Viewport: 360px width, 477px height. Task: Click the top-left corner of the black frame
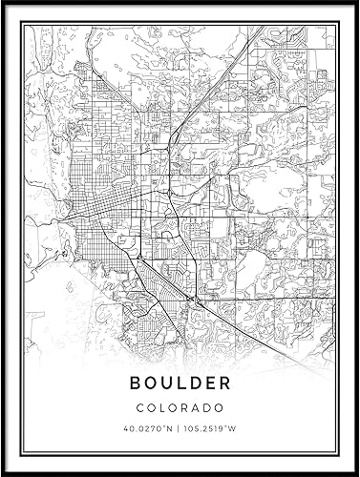tap(5, 5)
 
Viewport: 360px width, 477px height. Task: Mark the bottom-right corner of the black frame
tap(355, 471)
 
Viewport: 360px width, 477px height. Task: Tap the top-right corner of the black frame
tap(355, 5)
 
